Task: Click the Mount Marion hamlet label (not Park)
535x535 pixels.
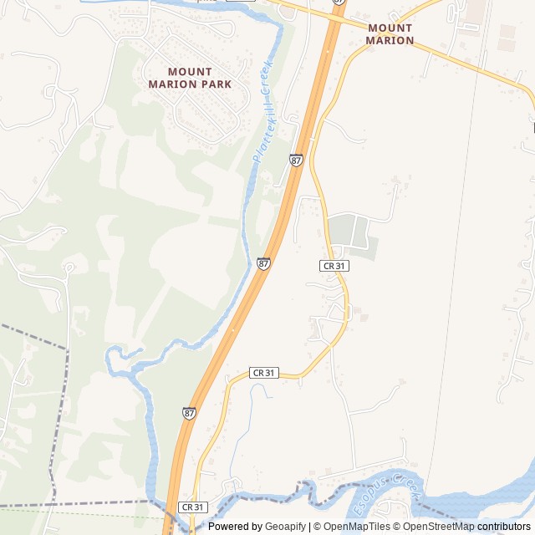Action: tap(390, 33)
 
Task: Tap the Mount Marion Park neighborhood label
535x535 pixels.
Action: tap(190, 78)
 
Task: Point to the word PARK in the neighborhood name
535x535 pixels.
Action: tap(212, 84)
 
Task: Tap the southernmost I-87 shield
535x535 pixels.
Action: tap(190, 413)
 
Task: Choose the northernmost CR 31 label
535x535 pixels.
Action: tap(334, 265)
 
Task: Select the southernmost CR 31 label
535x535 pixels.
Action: tap(193, 507)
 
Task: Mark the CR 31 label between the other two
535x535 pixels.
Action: tap(264, 372)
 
